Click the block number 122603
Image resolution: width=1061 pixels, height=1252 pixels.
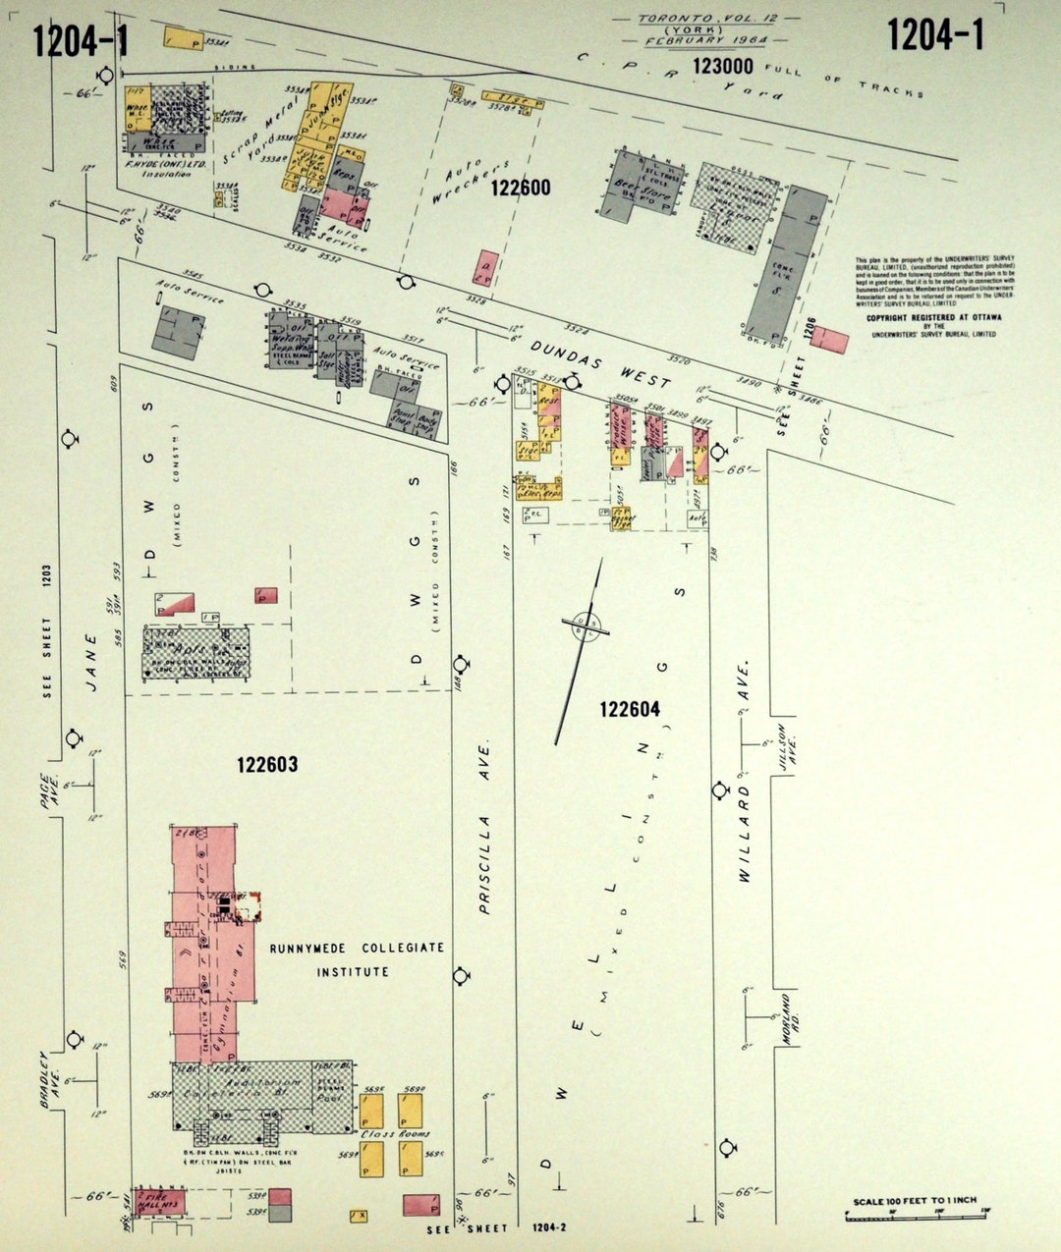point(266,765)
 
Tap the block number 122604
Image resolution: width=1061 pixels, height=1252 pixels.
point(630,709)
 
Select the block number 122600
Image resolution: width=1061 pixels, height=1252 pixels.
point(521,188)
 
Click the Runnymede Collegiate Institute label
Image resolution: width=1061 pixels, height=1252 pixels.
point(356,959)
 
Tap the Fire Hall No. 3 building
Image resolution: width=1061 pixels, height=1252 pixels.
point(160,1202)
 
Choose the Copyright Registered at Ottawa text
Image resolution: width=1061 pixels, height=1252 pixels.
point(930,318)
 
